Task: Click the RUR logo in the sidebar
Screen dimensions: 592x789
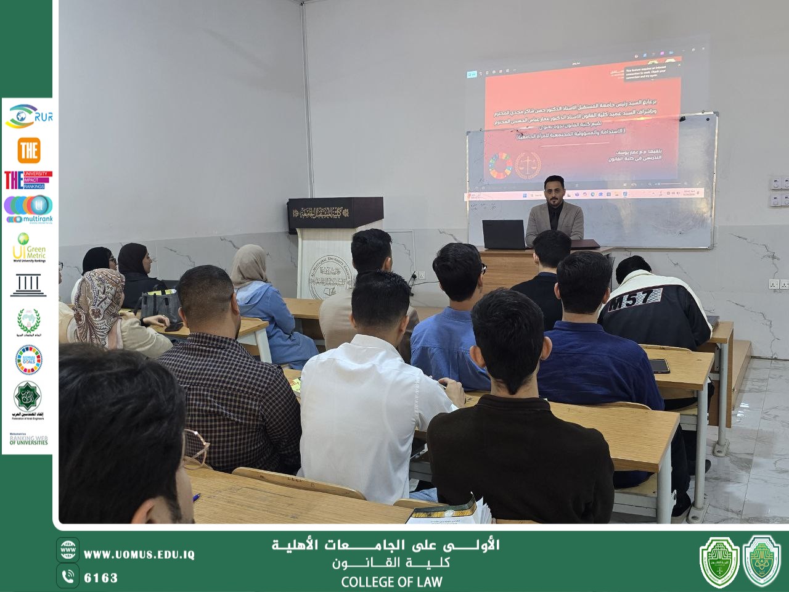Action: pos(29,117)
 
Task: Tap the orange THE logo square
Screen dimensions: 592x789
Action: pos(29,150)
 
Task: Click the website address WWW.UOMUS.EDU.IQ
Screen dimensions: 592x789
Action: pos(139,554)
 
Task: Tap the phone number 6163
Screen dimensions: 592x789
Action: pos(100,578)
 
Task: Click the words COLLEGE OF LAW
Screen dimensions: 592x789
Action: pos(391,582)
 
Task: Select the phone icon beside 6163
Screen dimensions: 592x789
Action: pos(68,577)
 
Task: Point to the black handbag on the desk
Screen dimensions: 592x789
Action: pos(159,306)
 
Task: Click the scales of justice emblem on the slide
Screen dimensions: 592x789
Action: pos(528,166)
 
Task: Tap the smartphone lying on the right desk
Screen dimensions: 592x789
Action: pos(659,366)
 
